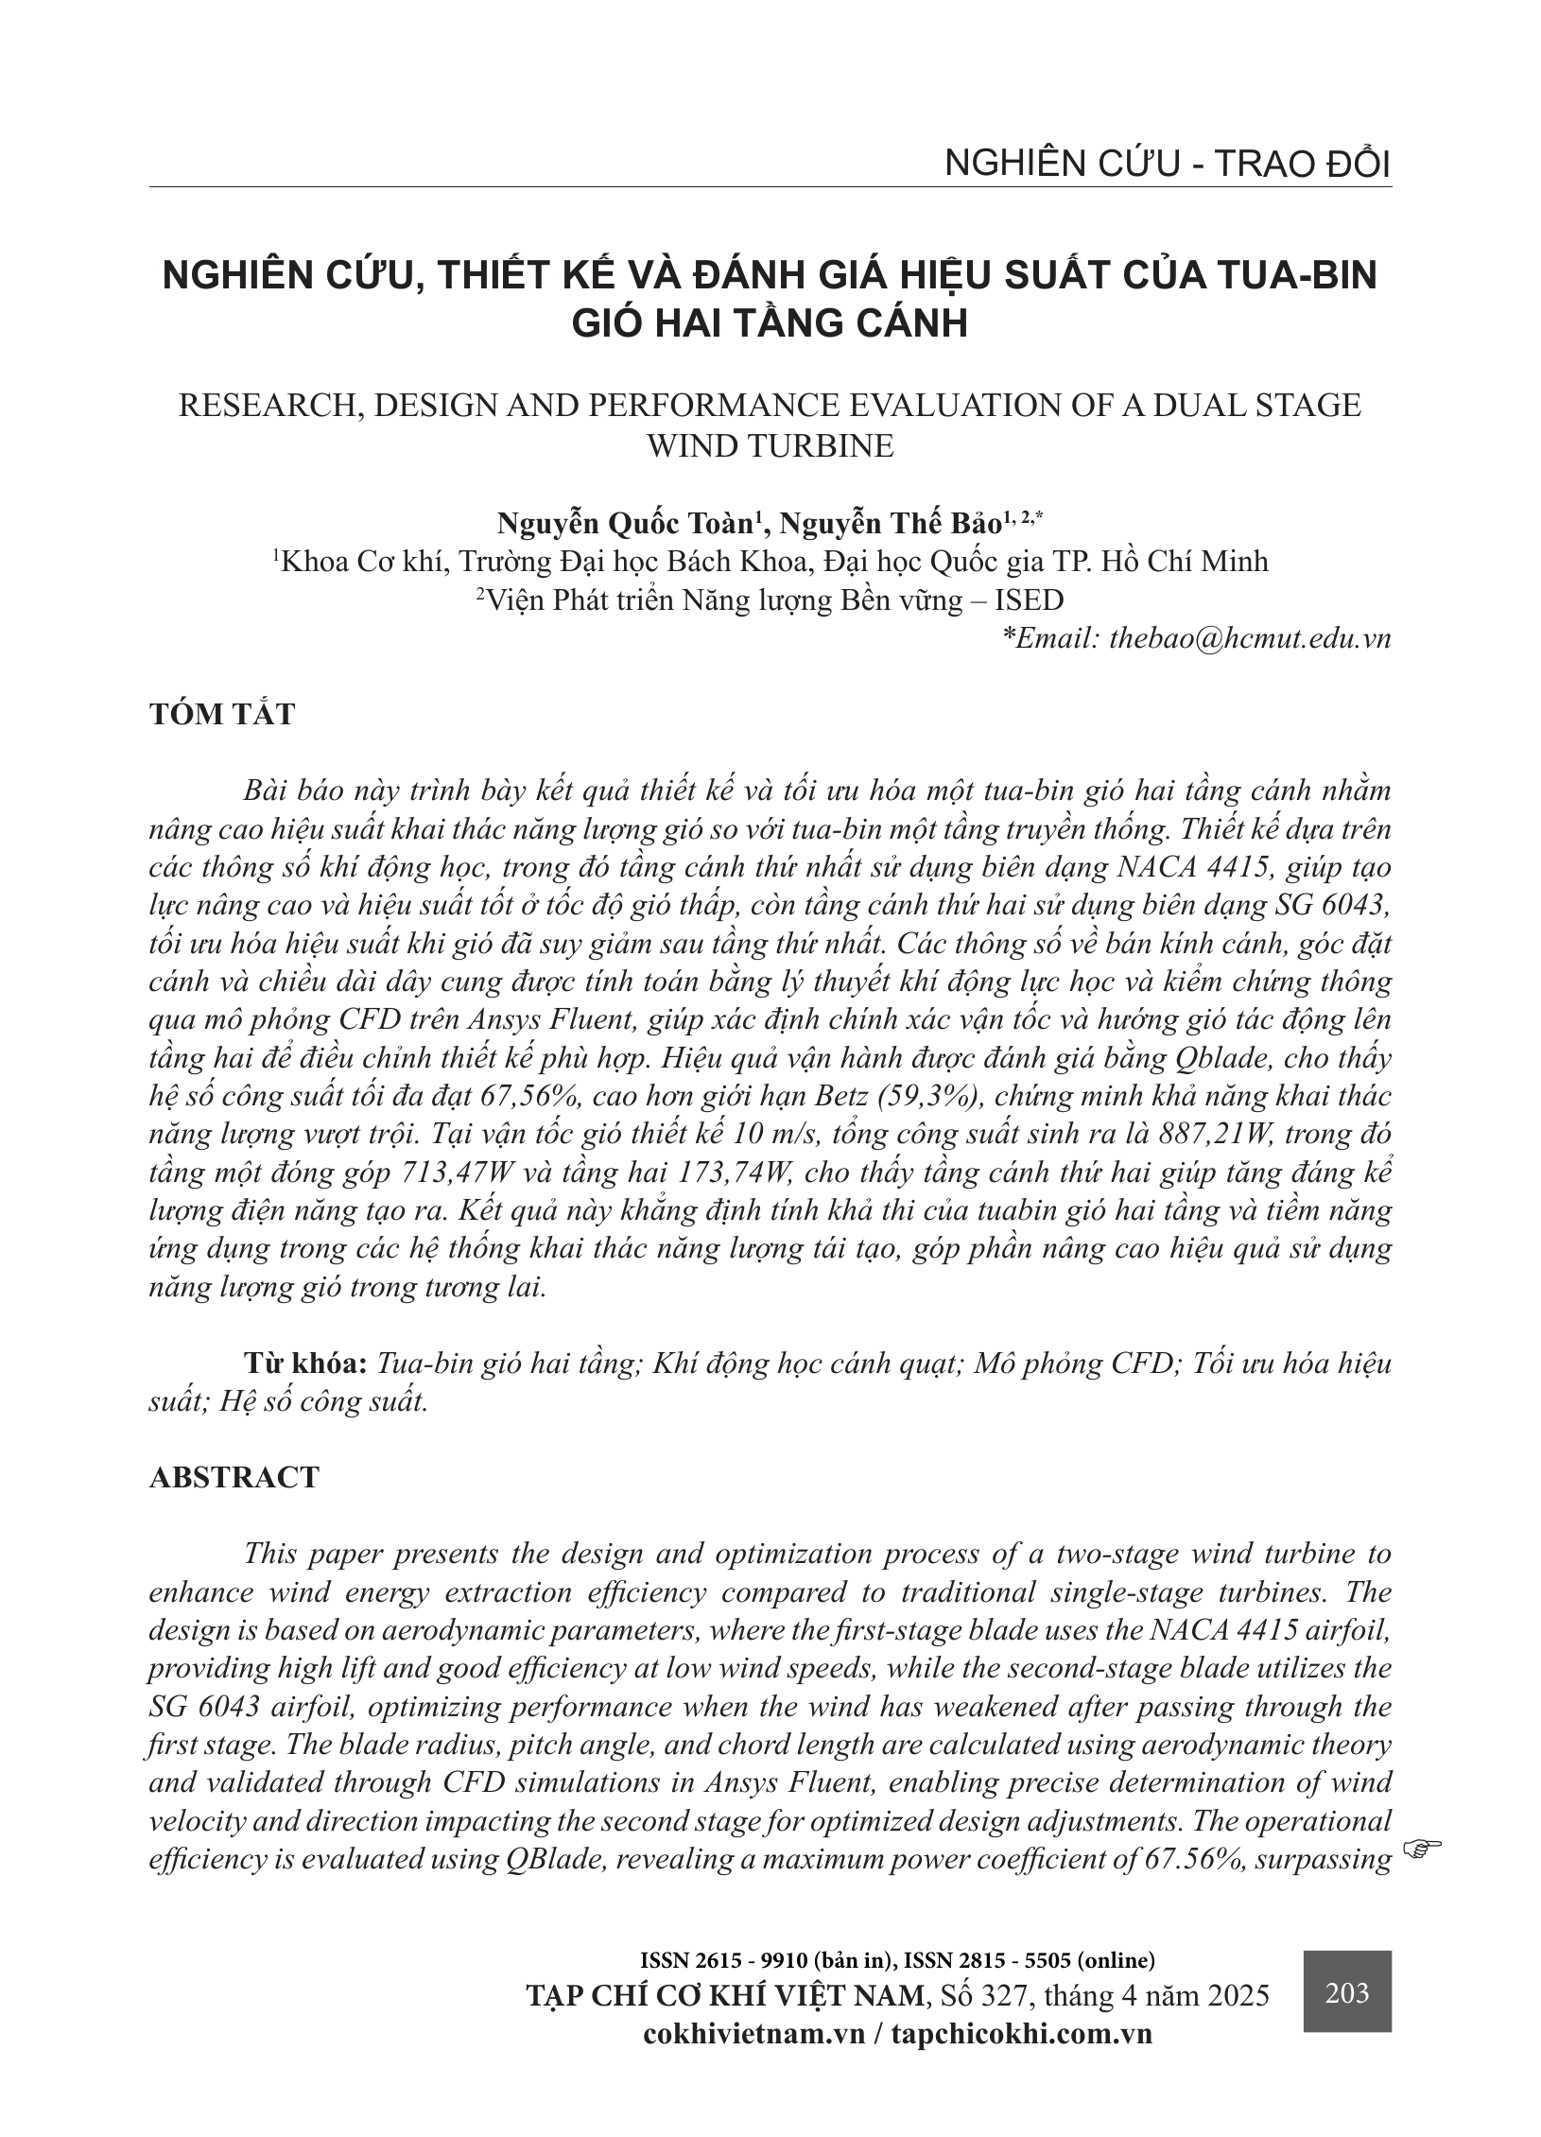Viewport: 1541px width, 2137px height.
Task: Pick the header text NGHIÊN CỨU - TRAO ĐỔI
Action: (x=1168, y=165)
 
